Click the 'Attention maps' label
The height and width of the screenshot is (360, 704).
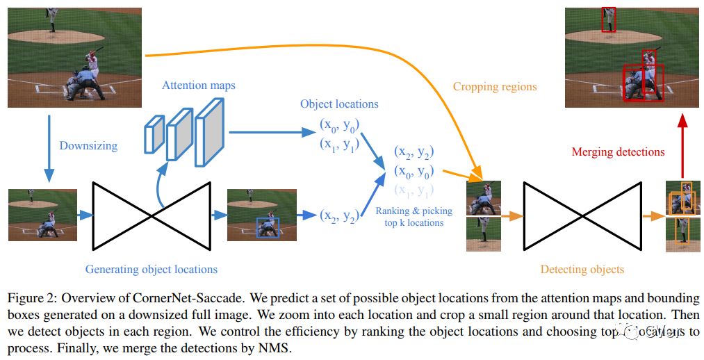click(198, 85)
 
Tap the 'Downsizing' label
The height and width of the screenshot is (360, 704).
click(88, 146)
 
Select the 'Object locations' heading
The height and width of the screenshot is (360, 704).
click(339, 104)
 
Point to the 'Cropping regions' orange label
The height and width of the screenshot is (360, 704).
click(495, 87)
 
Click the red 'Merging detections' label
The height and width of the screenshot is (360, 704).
click(618, 152)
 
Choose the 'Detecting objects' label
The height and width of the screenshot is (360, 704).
click(582, 269)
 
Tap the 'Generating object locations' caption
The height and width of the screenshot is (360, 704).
click(151, 269)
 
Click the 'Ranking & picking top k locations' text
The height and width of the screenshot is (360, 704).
click(414, 216)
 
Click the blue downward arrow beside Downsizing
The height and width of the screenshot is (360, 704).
click(49, 147)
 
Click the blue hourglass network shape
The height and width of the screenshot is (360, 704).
click(152, 215)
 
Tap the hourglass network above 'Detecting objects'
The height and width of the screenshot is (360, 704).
click(582, 215)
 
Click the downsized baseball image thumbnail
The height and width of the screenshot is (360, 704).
click(42, 215)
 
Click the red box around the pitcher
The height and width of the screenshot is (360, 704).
click(608, 19)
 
